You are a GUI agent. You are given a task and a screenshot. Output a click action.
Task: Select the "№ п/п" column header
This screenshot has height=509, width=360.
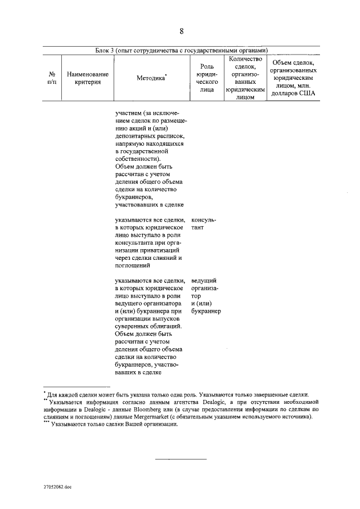pyautogui.click(x=52, y=78)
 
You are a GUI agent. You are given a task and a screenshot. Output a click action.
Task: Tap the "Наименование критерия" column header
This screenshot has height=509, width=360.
pyautogui.click(x=88, y=78)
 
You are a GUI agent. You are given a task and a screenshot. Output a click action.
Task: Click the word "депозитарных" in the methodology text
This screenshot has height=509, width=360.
pyautogui.click(x=134, y=136)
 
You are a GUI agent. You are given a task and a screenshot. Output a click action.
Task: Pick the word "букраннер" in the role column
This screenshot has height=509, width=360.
pyautogui.click(x=206, y=311)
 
